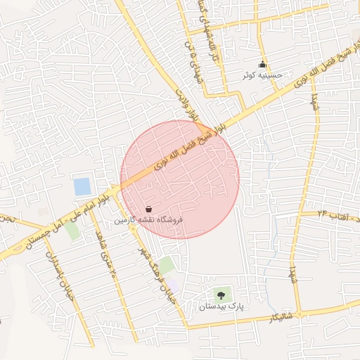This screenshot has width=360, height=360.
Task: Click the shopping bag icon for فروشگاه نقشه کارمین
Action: click(148, 209)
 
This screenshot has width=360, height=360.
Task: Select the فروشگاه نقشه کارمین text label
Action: click(148, 220)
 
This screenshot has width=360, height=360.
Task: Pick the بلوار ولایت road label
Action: click(182, 105)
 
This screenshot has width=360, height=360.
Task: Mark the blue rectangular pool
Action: click(82, 187)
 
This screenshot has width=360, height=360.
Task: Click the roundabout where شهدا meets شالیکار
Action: click(298, 314)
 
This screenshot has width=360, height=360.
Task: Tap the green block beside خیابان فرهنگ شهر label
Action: click(167, 265)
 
